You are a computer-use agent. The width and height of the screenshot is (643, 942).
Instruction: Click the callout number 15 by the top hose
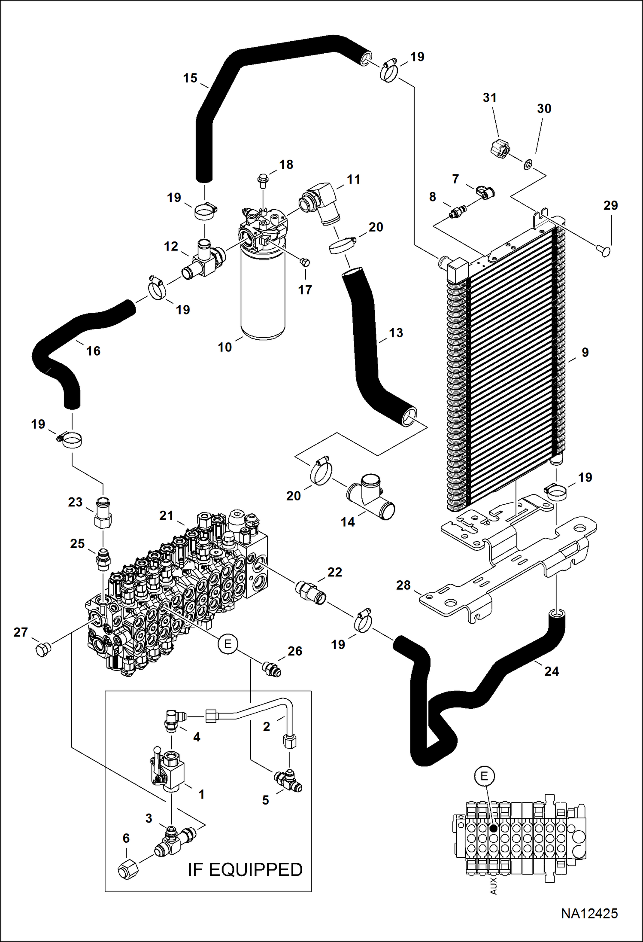click(190, 78)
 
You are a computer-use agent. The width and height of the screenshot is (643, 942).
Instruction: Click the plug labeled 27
click(42, 650)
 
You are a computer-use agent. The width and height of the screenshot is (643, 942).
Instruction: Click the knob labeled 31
click(500, 149)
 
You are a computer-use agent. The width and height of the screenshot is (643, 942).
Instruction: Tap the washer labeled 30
click(527, 164)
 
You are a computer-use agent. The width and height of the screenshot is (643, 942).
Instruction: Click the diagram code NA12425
click(589, 913)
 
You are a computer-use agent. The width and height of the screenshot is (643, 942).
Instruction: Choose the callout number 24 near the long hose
click(552, 671)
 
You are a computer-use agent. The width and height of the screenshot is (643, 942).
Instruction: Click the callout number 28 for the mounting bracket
click(403, 585)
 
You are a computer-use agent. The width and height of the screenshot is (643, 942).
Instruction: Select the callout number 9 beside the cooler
click(585, 352)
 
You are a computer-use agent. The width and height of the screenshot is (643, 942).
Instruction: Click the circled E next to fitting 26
click(227, 643)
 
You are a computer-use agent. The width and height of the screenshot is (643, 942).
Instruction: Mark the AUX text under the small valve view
click(493, 886)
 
